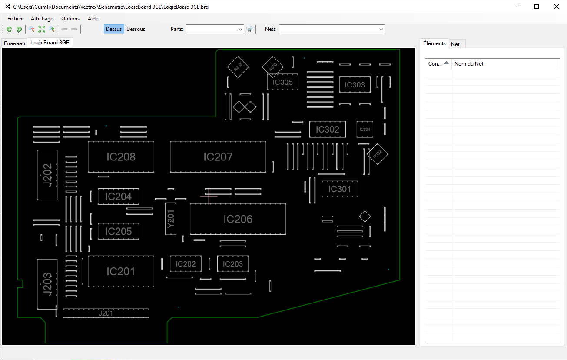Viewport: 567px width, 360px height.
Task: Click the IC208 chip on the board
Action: [x=121, y=157]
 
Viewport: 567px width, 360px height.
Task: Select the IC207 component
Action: [x=218, y=157]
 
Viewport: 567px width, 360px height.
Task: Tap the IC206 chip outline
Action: [x=238, y=219]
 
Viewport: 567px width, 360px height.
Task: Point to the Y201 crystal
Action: [x=171, y=218]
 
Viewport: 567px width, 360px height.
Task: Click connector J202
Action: [x=47, y=175]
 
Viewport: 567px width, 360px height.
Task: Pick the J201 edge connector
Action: [x=106, y=313]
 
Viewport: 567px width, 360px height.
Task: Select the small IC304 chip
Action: [x=365, y=129]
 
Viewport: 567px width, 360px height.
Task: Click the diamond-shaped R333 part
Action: [x=238, y=67]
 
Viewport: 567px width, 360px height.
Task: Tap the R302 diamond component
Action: [x=377, y=153]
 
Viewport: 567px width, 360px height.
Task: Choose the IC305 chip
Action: [x=282, y=82]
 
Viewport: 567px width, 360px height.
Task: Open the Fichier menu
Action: [x=15, y=19]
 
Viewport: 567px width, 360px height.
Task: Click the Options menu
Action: [x=70, y=19]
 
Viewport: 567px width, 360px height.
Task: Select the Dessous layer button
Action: [x=136, y=29]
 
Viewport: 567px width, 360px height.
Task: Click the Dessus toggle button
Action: [x=114, y=29]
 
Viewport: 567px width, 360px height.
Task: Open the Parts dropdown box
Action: [x=215, y=29]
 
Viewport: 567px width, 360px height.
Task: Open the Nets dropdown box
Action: [x=332, y=29]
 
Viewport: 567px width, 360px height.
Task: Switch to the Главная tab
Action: [x=15, y=43]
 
